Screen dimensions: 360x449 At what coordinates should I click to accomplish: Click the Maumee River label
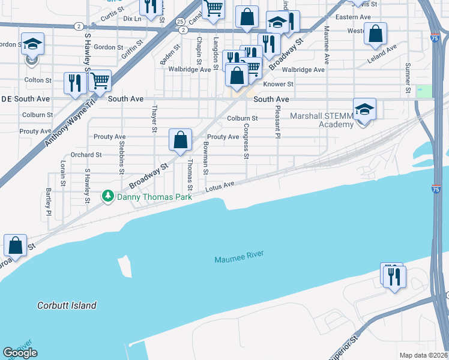[239, 257]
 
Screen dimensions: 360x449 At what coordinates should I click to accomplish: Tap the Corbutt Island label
[66, 305]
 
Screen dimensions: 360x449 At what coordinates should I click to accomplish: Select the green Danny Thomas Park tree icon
[108, 196]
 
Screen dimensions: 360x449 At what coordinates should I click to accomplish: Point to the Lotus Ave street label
[220, 187]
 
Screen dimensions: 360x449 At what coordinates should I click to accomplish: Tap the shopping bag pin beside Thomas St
[180, 141]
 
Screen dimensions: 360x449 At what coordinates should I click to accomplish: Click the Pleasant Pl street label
[278, 122]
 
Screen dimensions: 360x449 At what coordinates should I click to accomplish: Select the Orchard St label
[86, 155]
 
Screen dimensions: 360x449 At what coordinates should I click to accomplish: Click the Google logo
[20, 353]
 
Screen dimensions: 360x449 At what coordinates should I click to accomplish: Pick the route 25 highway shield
[181, 21]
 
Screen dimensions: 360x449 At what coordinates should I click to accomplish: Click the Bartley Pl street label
[48, 202]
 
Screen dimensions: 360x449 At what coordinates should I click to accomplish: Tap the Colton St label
[37, 80]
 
